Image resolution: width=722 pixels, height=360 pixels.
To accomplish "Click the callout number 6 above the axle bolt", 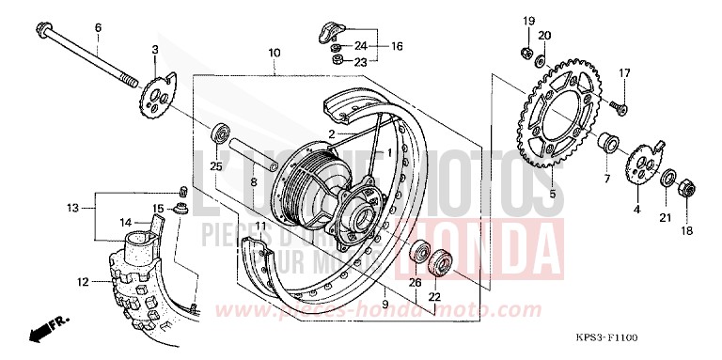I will point(97,27).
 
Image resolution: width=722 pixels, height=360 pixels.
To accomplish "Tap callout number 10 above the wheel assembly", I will point(274,54).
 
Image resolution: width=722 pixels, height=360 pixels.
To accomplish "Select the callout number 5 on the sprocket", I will point(553,195).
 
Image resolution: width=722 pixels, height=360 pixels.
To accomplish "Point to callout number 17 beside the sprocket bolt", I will point(623,73).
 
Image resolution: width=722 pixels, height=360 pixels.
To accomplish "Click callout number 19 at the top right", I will point(528,21).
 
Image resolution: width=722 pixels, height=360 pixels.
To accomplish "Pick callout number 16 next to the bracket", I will point(397,45).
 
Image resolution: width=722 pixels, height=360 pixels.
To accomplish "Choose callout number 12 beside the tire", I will point(83,281).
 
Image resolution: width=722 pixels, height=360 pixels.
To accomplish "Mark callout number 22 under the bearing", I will point(434,298).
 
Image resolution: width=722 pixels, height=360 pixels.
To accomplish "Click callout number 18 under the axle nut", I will point(685,230).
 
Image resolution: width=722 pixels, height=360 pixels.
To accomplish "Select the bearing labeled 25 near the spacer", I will point(222,133).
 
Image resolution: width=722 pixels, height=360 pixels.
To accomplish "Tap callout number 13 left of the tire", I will point(71,207).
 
